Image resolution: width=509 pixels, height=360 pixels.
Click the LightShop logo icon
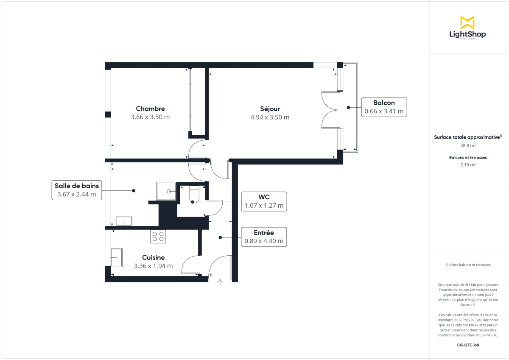coord(467,22)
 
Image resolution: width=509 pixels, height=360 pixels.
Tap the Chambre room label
coord(150,109)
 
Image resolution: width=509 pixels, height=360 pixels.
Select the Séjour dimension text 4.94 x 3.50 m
coord(270,117)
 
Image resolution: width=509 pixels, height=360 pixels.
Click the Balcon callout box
coord(384,107)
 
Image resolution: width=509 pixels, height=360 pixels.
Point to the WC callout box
coord(264,201)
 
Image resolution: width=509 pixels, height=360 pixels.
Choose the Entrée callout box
coord(264,237)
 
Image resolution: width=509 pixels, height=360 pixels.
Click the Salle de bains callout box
coord(77,190)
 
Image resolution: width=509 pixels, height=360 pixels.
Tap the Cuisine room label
coord(153,257)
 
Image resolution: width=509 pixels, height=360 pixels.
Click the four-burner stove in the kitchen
coord(158,236)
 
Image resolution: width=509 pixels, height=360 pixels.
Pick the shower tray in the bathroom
coord(166,191)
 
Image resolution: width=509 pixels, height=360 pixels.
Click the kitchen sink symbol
coord(117,257)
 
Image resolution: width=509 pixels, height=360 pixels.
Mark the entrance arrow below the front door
coord(220,282)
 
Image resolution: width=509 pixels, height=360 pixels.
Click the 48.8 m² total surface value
coord(468,145)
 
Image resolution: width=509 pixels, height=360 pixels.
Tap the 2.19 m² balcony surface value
coord(468,165)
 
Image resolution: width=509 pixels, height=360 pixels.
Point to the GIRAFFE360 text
coord(468,345)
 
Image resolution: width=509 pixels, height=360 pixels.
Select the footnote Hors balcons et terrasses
coord(468,265)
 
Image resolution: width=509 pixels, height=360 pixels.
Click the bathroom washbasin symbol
coord(123,220)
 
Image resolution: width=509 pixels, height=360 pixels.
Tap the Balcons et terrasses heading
coord(468,157)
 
